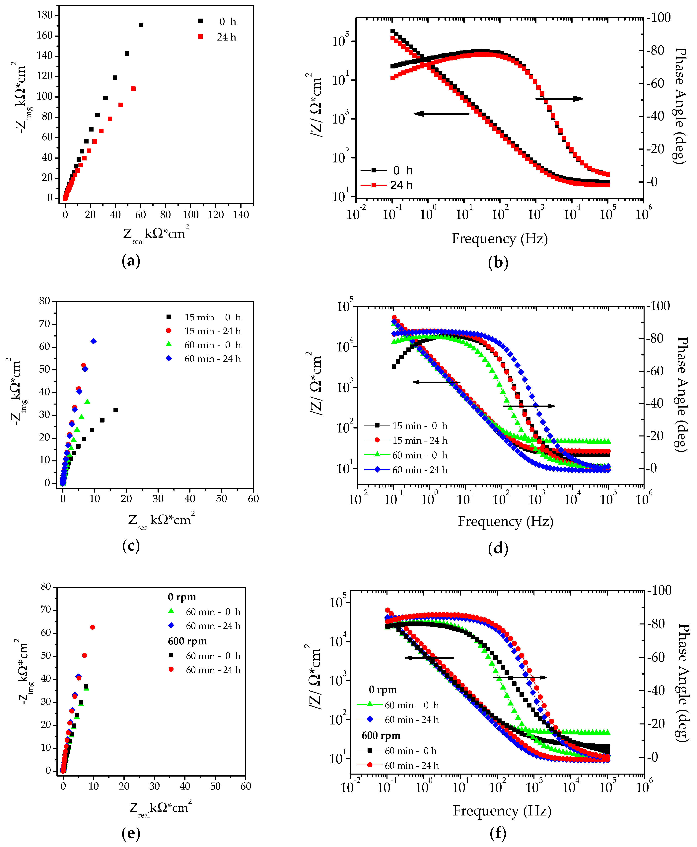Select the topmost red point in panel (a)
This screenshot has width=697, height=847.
click(x=133, y=89)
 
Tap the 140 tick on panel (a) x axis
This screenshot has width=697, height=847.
click(x=241, y=215)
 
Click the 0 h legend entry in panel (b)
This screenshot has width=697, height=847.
click(x=387, y=170)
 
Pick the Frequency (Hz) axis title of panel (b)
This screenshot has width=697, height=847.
click(x=499, y=239)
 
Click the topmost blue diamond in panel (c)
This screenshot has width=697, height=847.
click(x=94, y=341)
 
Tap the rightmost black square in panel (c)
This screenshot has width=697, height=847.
click(x=116, y=410)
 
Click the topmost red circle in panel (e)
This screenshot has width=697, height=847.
click(x=92, y=627)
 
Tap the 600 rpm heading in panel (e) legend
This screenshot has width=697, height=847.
click(x=187, y=641)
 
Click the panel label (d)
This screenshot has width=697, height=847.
click(x=498, y=548)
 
